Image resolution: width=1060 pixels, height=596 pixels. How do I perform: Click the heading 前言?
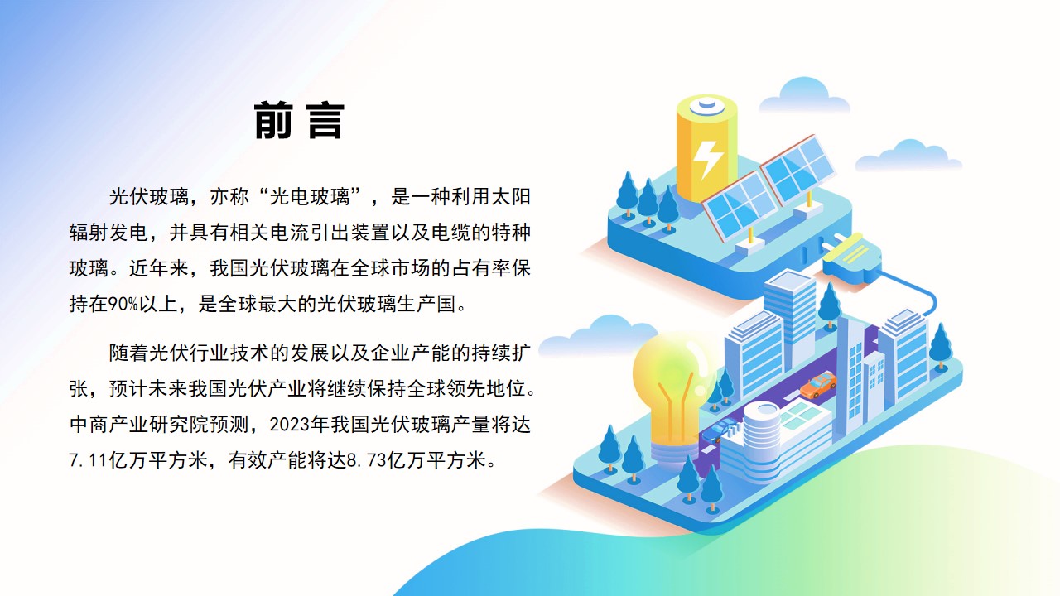299,121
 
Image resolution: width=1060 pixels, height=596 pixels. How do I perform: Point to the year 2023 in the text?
289,425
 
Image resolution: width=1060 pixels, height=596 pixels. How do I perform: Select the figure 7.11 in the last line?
89,459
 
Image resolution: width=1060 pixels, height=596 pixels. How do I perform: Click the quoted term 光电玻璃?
309,197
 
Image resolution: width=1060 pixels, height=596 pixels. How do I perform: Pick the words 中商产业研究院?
128,425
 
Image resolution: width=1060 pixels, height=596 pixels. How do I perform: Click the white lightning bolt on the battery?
707,160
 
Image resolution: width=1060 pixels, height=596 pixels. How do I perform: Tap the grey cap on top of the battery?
707,105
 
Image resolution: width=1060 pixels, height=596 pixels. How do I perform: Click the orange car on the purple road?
818,383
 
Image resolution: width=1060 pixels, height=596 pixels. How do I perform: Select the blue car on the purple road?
719,430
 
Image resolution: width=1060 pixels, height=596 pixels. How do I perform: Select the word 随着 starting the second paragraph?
128,353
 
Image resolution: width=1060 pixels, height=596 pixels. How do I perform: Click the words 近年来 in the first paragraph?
159,268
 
